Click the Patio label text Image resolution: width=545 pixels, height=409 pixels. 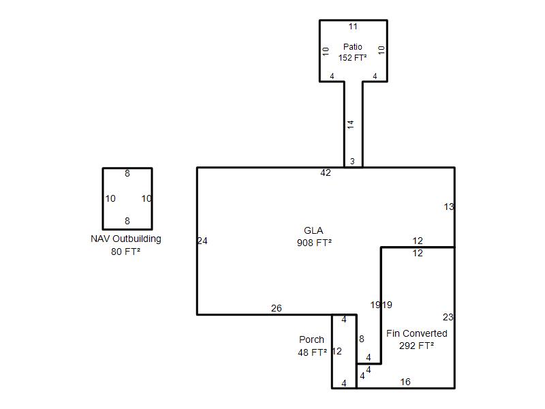(x=353, y=47)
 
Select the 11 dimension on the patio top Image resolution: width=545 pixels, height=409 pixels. (x=353, y=27)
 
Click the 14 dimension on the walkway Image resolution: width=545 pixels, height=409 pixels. (x=351, y=125)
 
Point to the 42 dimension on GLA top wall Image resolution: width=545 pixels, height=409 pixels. (x=326, y=173)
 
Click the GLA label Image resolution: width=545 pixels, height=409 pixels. (x=314, y=231)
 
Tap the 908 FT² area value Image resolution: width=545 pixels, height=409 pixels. (x=314, y=243)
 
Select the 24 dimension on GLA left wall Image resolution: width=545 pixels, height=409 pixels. (x=202, y=241)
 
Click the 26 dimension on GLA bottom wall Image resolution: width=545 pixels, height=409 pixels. (x=276, y=309)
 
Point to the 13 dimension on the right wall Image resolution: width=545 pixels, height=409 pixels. (x=448, y=207)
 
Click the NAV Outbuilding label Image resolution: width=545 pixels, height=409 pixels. (x=126, y=239)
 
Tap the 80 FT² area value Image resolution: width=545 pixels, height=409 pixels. (x=126, y=252)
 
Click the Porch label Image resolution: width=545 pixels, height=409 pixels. (x=311, y=339)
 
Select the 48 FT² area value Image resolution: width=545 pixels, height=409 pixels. (x=312, y=352)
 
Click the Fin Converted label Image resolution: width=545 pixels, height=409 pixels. (x=417, y=333)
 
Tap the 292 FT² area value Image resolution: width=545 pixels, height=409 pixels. (x=417, y=346)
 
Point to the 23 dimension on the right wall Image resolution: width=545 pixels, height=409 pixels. (x=448, y=317)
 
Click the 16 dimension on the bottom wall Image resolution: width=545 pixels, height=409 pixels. (x=405, y=382)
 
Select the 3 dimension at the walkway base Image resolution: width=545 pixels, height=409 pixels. (x=352, y=162)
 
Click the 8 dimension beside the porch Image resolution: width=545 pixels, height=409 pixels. (x=362, y=339)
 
